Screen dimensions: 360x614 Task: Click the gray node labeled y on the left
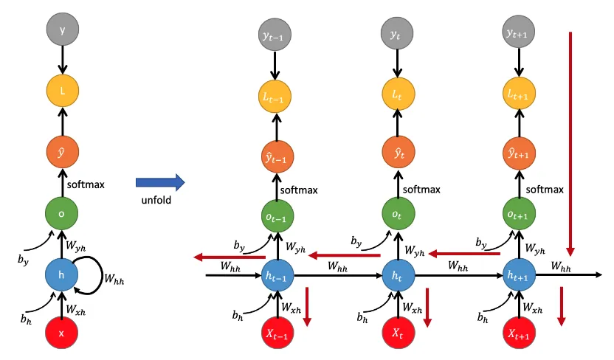[62, 31]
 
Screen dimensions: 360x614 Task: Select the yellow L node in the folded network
[62, 93]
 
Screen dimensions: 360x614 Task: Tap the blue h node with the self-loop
[62, 275]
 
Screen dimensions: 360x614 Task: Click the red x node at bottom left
[62, 333]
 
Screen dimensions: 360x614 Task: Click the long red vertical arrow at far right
[570, 140]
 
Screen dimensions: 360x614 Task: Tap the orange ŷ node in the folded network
[62, 155]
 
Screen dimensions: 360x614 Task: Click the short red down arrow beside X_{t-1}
[309, 306]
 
